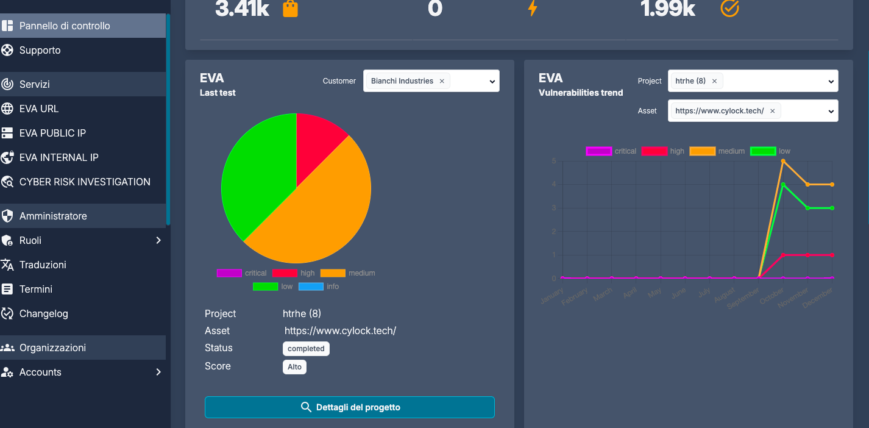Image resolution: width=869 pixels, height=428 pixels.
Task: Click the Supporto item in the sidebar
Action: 40,50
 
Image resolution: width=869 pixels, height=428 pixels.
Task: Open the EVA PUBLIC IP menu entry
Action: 52,133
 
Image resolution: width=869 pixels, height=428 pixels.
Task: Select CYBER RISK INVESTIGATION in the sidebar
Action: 85,182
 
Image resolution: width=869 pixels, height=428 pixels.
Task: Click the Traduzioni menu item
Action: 43,265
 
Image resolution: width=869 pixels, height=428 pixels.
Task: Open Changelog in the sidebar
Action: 43,313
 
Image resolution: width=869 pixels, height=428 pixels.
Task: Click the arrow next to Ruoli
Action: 158,240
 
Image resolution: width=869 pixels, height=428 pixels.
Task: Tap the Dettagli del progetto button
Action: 349,407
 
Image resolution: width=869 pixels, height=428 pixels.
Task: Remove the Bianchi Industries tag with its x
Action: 442,81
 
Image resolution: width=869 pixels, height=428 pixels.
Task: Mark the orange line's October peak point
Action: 783,161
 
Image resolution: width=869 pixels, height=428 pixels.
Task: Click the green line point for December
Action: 832,208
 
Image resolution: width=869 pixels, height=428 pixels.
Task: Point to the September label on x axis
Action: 744,297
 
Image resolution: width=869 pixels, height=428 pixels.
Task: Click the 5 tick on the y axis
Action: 553,161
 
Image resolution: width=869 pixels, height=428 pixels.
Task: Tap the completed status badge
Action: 306,349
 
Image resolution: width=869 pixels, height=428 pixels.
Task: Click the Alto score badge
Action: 294,367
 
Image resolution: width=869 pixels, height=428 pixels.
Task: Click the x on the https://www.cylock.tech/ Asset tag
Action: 772,111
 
